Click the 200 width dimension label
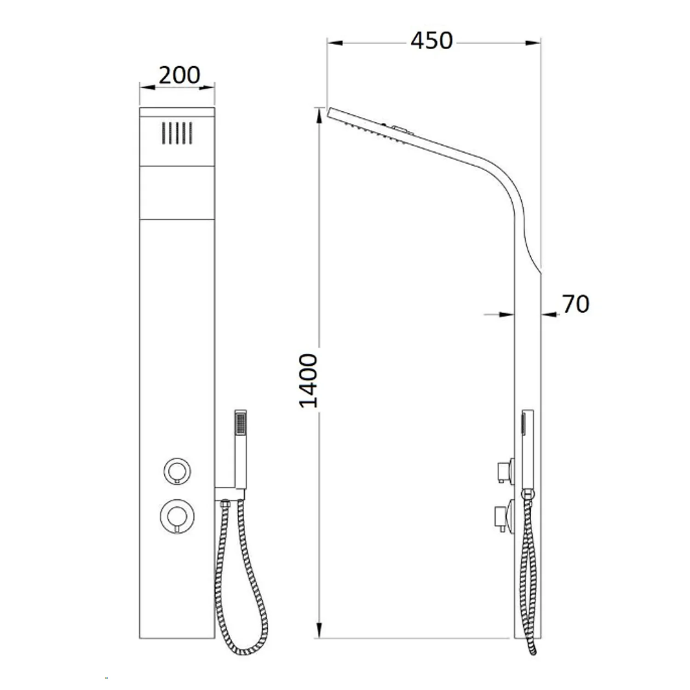(x=179, y=75)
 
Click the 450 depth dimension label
(x=431, y=40)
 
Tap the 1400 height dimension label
(x=309, y=380)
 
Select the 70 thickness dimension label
(x=575, y=304)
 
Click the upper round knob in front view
(x=177, y=471)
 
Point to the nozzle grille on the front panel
(x=177, y=133)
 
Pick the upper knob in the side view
(x=505, y=471)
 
